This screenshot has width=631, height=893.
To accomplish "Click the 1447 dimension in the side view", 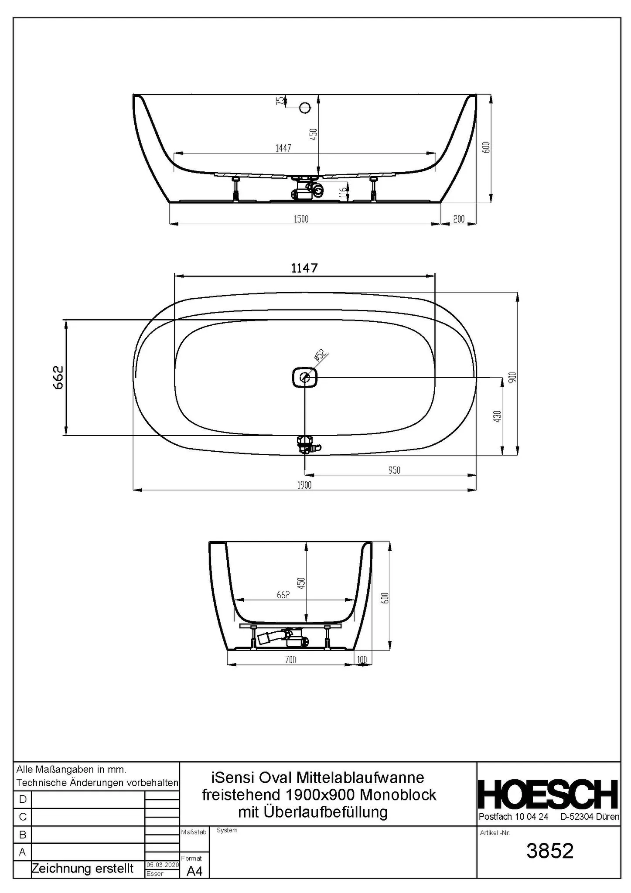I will tap(283, 148).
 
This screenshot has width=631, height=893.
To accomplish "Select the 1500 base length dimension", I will tap(301, 219).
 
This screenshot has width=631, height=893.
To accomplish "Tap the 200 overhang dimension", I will tap(459, 219).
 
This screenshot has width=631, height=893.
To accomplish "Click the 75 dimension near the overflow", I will tap(279, 101).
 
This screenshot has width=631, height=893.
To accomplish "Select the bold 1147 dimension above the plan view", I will tap(304, 268).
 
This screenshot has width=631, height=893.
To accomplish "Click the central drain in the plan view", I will tap(304, 377).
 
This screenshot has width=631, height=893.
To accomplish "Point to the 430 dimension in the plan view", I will tap(497, 416).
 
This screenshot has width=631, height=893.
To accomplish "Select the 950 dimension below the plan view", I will tap(394, 470).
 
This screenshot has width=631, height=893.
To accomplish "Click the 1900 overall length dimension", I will tap(304, 485).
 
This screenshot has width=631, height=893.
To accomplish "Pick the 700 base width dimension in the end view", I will tap(290, 660).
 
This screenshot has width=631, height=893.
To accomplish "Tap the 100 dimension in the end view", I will tap(362, 660).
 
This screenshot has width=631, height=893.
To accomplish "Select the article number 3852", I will tap(549, 851).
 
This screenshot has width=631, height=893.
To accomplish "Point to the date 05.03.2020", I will tap(162, 865).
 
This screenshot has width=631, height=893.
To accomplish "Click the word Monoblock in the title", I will tap(398, 794).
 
